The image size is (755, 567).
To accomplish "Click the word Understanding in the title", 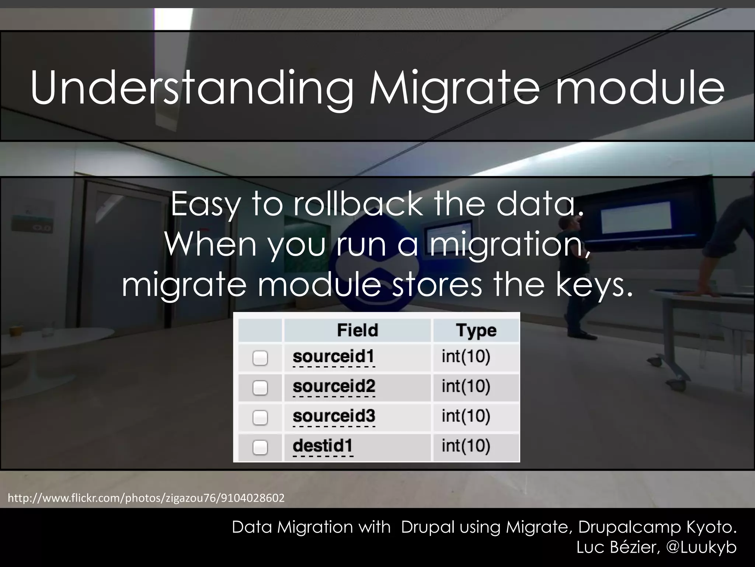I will coord(192,89).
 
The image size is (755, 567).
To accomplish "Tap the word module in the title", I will coord(640,89).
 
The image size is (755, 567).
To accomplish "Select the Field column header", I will coord(357,330).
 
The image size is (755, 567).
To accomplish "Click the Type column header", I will coord(476,330).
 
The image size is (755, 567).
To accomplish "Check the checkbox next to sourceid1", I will coord(260,358).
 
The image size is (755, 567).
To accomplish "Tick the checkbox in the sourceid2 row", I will coord(260,388).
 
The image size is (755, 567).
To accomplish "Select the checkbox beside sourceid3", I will coord(260,417).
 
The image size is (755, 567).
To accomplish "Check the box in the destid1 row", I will coord(260,447).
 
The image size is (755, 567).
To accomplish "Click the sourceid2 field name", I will coord(334,386).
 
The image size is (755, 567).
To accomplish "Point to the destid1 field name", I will coord(323,446).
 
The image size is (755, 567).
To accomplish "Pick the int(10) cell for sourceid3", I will coord(466,416).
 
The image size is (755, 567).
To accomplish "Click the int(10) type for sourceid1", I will coord(466,357).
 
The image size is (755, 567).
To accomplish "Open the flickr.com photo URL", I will coord(146,498).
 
